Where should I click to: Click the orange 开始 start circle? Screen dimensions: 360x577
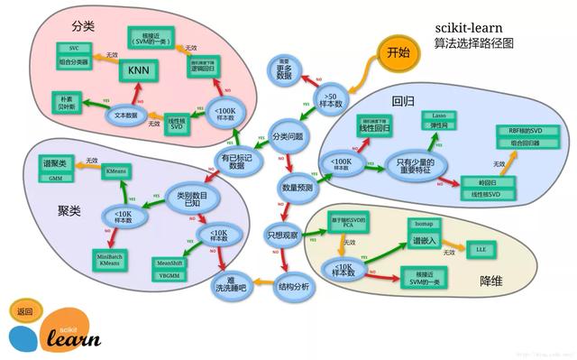[x=398, y=51]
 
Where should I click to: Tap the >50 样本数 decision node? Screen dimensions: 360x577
[x=331, y=97]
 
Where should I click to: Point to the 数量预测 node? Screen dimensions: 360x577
[x=298, y=188]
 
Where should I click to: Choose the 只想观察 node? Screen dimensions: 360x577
[x=281, y=234]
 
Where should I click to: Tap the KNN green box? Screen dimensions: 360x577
[x=137, y=70]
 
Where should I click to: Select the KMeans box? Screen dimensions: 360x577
[x=115, y=170]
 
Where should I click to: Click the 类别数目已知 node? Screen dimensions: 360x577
[x=185, y=199]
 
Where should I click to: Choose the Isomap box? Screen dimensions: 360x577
[x=423, y=221]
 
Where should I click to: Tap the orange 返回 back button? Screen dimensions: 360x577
[x=24, y=311]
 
